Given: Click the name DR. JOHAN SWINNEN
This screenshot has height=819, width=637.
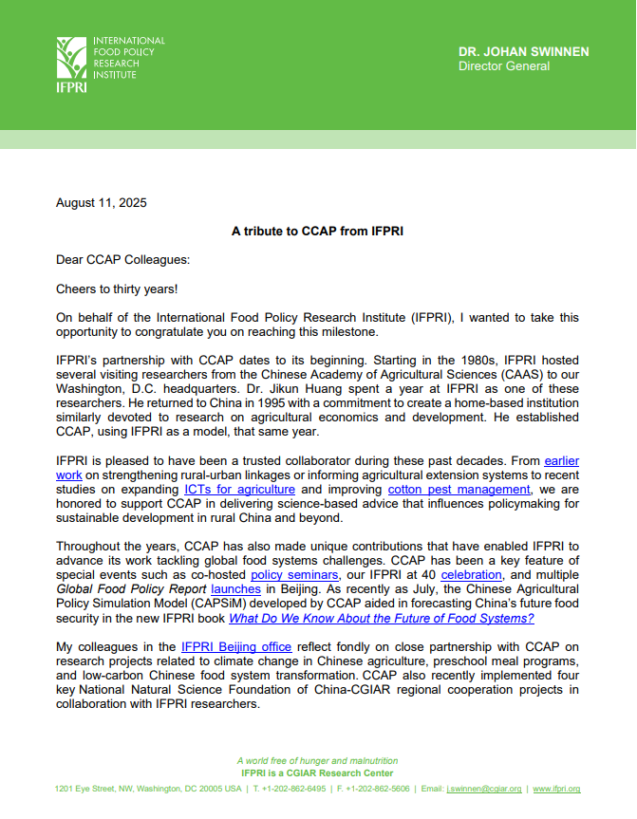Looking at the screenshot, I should click(x=523, y=51).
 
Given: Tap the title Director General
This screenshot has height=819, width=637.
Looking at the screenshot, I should click(x=503, y=66).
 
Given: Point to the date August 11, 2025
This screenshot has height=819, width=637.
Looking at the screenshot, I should click(x=102, y=202).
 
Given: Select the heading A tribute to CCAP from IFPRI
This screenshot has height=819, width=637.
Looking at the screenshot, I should click(x=318, y=231).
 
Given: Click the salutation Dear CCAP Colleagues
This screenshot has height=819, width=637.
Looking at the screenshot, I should click(x=122, y=260).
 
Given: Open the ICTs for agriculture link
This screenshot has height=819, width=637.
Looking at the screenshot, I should click(x=239, y=490).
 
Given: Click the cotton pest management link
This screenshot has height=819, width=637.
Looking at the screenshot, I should click(x=446, y=490).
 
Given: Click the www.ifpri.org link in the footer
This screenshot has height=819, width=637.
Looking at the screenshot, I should click(x=556, y=789).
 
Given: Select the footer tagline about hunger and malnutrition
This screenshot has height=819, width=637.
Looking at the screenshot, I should click(x=317, y=760).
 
